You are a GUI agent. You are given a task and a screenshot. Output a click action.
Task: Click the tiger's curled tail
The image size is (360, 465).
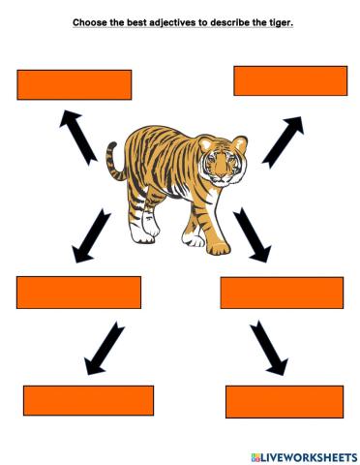point(113,160)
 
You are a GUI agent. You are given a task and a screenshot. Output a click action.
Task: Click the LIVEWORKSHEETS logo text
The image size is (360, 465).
point(307,455)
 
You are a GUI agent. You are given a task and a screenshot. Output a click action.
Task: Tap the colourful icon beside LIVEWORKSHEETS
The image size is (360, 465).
point(255,455)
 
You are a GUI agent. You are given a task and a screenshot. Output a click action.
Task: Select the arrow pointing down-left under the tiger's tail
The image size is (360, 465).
point(92,235)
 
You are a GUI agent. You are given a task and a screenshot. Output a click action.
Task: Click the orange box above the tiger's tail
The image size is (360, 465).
point(74,84)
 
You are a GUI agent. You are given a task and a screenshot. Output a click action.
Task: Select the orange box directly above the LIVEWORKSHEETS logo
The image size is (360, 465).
point(285,401)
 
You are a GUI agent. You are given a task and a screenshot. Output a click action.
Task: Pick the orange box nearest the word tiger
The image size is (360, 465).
point(290,80)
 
